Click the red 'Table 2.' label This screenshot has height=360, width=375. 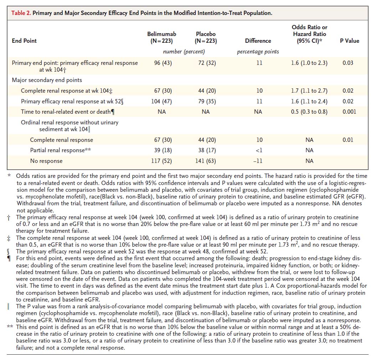coord(21,13)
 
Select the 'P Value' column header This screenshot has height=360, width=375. coord(349,41)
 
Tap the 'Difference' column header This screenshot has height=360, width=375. coord(258,41)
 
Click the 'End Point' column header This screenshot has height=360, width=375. coord(24,41)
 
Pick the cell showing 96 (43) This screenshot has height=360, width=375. coord(163,63)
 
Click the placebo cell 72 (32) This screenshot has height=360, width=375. coord(207,63)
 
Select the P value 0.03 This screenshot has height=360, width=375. coord(348,63)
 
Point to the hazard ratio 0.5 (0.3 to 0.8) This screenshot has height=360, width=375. coord(309,112)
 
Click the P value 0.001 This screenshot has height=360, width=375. coord(349,112)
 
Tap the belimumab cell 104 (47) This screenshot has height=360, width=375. coord(161,102)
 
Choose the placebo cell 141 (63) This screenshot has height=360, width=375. coord(205,161)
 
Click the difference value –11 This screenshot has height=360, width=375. coord(258,161)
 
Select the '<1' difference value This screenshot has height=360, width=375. coord(259,150)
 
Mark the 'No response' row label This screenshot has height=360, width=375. coord(46,161)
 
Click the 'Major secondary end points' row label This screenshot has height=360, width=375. coord(47,80)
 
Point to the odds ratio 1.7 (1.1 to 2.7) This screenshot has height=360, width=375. coord(309,91)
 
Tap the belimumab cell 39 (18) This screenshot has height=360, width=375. coord(163,150)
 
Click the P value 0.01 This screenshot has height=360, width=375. coord(348,140)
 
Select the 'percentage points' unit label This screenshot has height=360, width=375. coord(258,52)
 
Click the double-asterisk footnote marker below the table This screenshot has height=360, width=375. coord(10,326)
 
